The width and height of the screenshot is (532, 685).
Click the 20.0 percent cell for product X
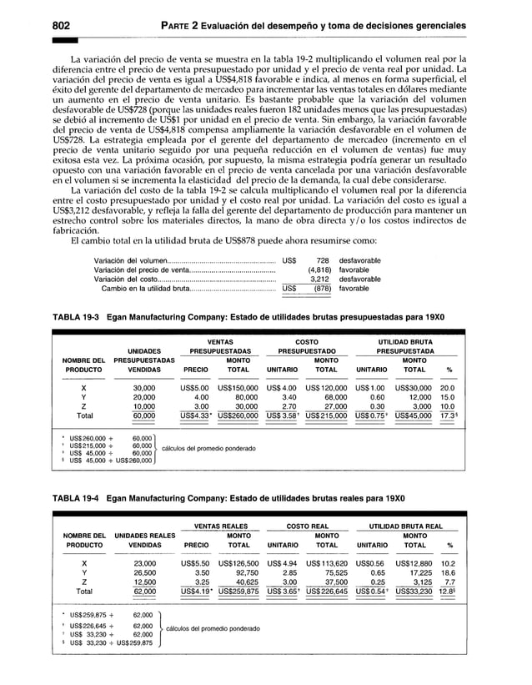pyautogui.click(x=447, y=388)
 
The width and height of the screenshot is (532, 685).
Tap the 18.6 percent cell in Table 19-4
pyautogui.click(x=447, y=574)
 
